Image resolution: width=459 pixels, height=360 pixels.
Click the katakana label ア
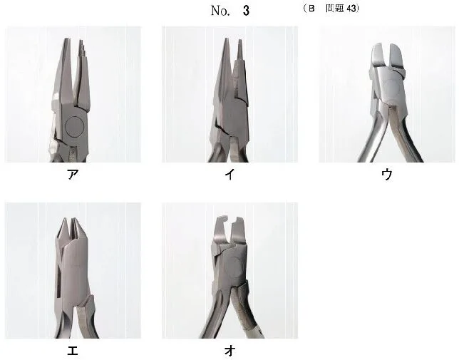coord(73,175)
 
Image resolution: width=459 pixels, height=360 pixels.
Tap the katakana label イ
coord(229,175)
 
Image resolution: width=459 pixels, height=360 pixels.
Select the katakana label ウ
coord(387,175)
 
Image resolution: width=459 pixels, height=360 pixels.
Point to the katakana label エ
coord(73,350)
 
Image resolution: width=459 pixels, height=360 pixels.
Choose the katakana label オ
coord(229,350)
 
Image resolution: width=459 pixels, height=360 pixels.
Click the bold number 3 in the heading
coord(246,11)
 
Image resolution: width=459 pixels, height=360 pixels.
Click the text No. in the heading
coord(220,11)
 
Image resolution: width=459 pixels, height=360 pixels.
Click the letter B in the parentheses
coord(311,9)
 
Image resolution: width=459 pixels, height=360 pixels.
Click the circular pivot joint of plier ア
coord(75,126)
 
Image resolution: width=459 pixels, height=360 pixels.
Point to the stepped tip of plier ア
coord(82,48)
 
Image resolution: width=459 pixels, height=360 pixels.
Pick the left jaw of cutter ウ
coord(378,56)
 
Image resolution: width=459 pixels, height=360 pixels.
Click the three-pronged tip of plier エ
coord(71,230)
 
